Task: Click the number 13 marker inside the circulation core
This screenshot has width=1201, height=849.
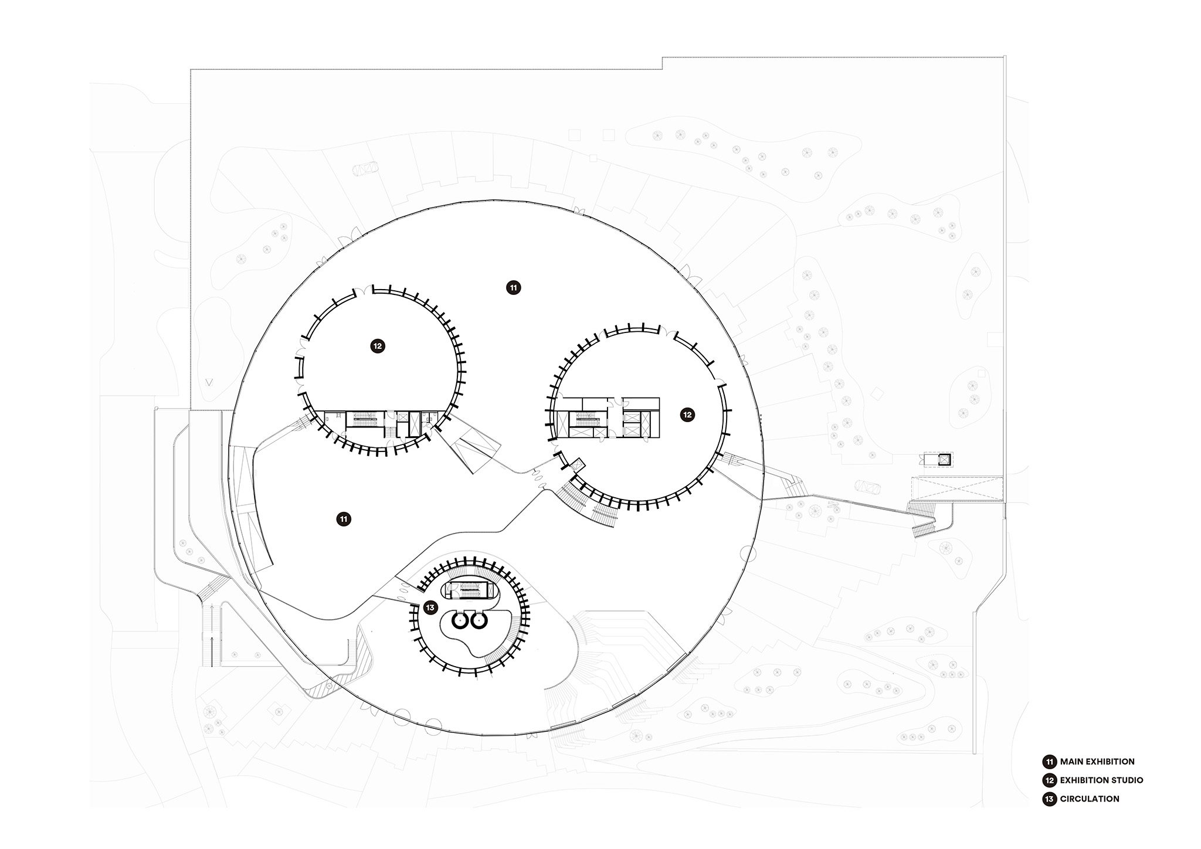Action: tap(430, 607)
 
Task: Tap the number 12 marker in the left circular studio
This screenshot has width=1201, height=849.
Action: tap(378, 346)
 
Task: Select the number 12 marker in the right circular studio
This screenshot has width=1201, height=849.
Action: tap(687, 415)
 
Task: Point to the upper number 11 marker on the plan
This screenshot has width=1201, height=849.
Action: tap(513, 287)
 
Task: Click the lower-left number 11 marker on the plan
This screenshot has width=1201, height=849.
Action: tap(344, 519)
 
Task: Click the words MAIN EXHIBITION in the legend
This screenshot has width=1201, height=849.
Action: tap(1097, 762)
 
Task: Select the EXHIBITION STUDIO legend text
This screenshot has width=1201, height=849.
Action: tap(1101, 780)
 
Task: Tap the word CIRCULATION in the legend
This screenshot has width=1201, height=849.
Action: tap(1090, 799)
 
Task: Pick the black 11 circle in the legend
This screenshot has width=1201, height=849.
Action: tap(1049, 762)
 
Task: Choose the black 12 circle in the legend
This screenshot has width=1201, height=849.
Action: tap(1049, 780)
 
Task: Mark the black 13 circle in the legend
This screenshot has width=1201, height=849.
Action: tap(1049, 799)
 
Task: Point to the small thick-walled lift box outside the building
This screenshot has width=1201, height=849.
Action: tap(944, 459)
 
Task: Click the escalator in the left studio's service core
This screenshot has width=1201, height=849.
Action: tap(364, 419)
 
